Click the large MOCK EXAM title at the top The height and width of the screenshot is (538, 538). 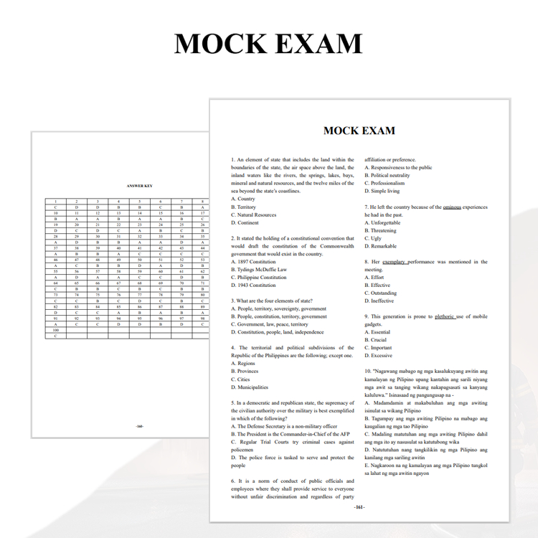pos(268,44)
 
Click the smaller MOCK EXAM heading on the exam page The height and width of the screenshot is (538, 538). pos(359,131)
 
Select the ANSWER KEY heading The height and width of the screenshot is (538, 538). pos(140,186)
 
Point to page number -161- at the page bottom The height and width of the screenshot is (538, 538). pos(359,507)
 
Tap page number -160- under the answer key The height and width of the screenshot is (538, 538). pos(139,426)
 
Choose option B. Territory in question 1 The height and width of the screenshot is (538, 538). pos(243,207)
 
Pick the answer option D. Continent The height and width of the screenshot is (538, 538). pos(245,222)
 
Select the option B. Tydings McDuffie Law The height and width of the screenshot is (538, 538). pos(259,270)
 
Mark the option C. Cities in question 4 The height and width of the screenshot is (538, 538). pos(240,379)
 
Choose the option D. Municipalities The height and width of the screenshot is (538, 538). pos(250,387)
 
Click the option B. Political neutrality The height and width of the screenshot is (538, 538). pos(387,175)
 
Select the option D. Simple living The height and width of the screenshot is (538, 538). pos(382,191)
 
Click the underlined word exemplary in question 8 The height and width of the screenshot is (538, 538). pos(395,262)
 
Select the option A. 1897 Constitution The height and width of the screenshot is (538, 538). pos(253,262)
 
